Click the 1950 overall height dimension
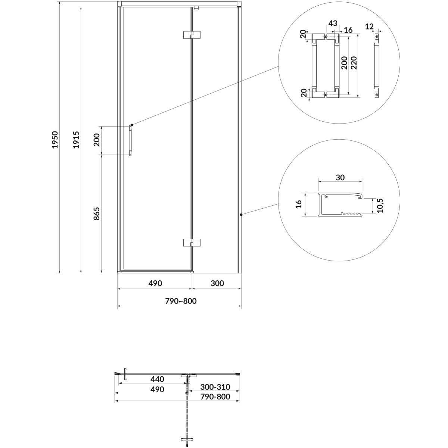pyautogui.click(x=55, y=140)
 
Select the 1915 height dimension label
pyautogui.click(x=76, y=140)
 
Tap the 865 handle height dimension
pyautogui.click(x=96, y=214)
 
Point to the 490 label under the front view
pyautogui.click(x=155, y=283)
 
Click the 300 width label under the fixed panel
pyautogui.click(x=217, y=283)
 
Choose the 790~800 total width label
pyautogui.click(x=181, y=301)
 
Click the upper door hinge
pyautogui.click(x=192, y=35)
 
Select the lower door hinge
pyautogui.click(x=192, y=243)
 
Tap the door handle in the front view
pyautogui.click(x=130, y=140)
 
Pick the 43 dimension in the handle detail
pyautogui.click(x=333, y=23)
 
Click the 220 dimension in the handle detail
pyautogui.click(x=354, y=63)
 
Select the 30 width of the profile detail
pyautogui.click(x=340, y=178)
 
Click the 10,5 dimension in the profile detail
pyautogui.click(x=380, y=205)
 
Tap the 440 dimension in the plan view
pyautogui.click(x=158, y=379)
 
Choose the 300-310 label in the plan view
pyautogui.click(x=215, y=387)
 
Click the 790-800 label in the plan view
pyautogui.click(x=215, y=396)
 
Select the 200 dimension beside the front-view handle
pyautogui.click(x=96, y=140)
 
